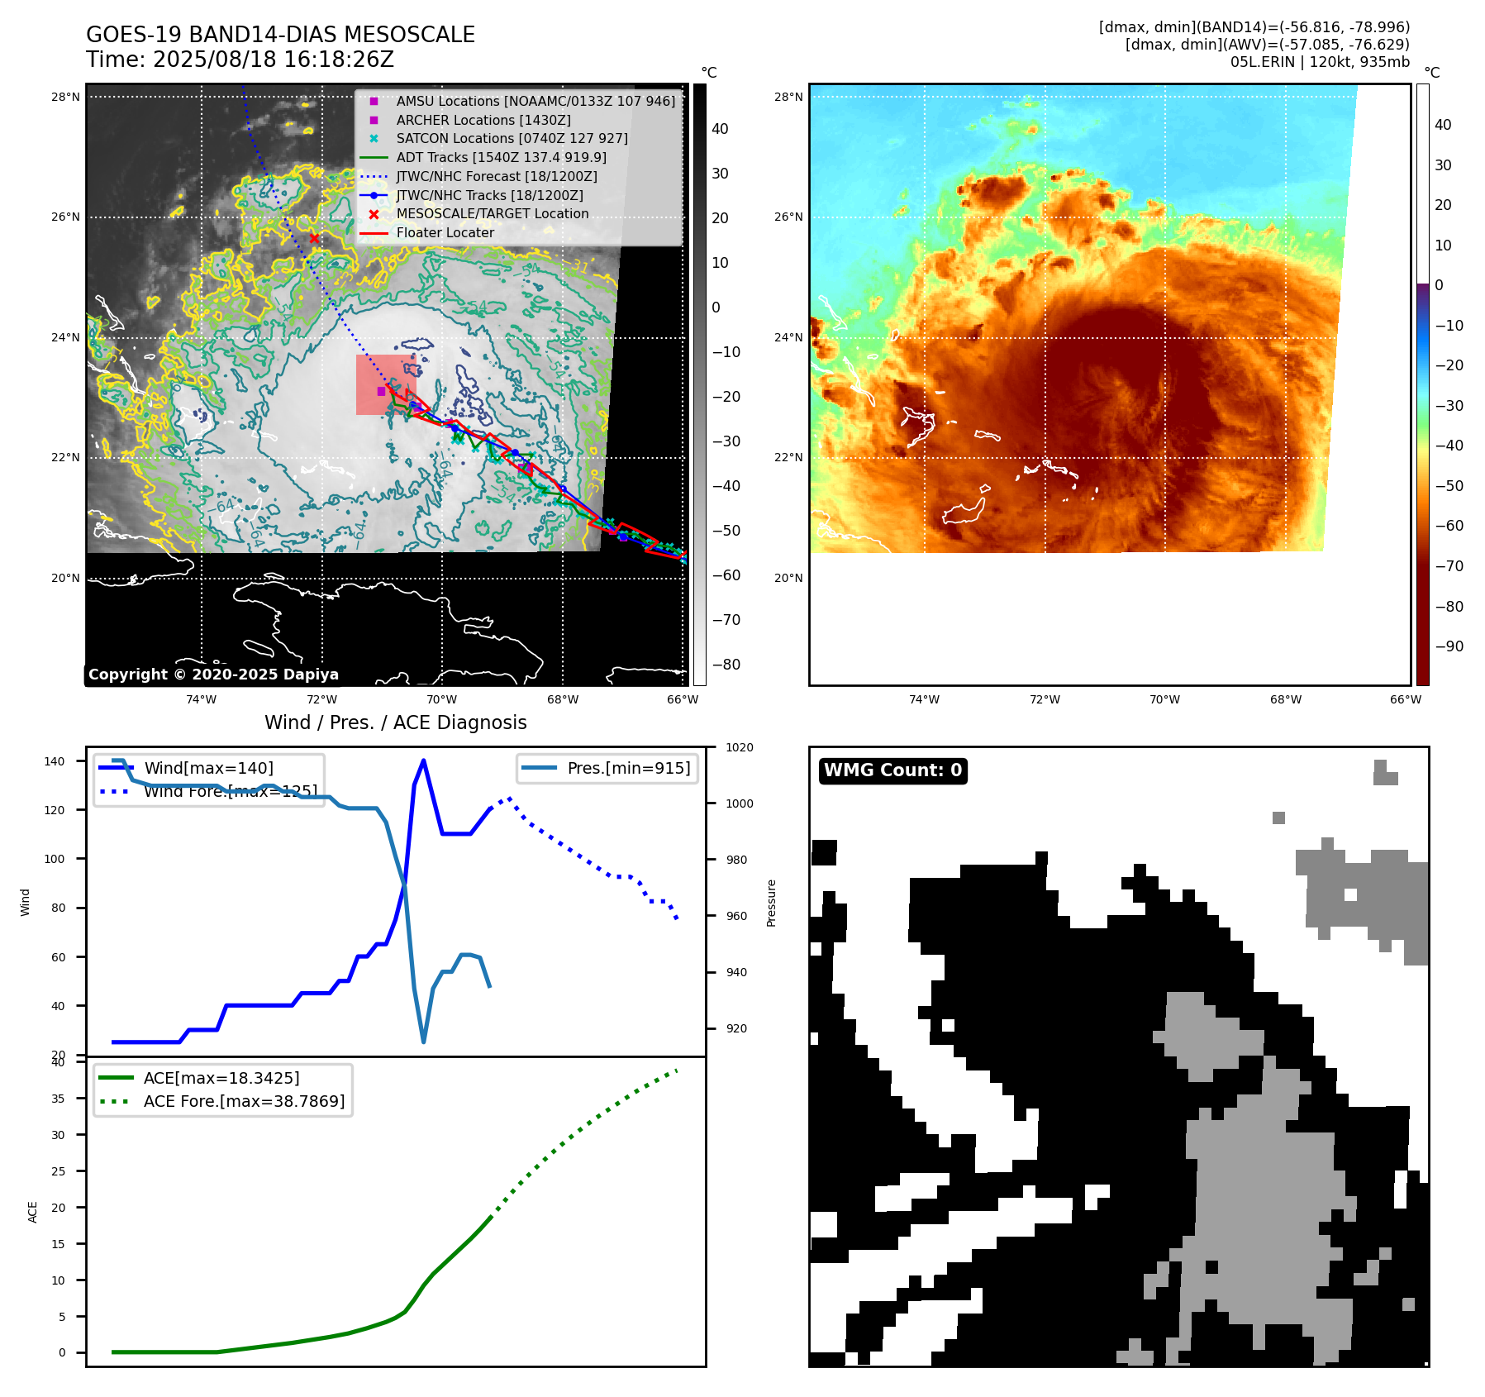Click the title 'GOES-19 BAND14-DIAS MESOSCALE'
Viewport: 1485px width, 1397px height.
(x=280, y=35)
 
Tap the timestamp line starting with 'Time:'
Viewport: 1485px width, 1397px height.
(x=240, y=60)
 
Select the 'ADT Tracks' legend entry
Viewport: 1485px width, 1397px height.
(x=501, y=157)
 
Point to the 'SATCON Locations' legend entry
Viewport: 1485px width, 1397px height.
(x=512, y=138)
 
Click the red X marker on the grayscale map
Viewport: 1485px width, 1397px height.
(x=314, y=238)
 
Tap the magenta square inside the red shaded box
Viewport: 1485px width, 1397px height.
(x=381, y=391)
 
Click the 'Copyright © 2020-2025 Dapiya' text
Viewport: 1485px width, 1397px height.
(x=213, y=675)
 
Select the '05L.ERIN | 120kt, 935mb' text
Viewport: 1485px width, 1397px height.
(x=1320, y=62)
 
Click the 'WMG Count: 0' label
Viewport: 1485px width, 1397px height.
(x=892, y=770)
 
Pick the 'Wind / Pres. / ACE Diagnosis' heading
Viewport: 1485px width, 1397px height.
(x=395, y=722)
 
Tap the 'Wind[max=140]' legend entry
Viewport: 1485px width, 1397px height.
(x=208, y=768)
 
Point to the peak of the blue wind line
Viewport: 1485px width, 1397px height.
(x=423, y=760)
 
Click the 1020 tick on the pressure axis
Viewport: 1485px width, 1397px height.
(x=739, y=747)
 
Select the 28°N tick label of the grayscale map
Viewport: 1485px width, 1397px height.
(x=65, y=97)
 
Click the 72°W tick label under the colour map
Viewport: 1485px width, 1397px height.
(x=1045, y=699)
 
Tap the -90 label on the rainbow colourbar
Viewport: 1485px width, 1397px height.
(x=1449, y=646)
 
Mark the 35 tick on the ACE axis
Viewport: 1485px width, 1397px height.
(x=58, y=1099)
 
